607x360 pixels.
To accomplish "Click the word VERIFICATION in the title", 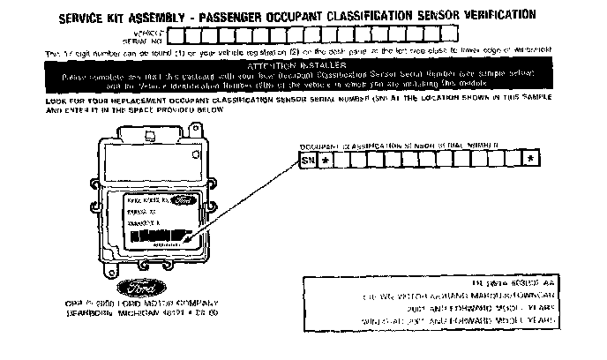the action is click(x=493, y=16).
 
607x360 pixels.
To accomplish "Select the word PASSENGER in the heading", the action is click(x=252, y=16).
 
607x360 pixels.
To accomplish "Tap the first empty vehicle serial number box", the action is click(x=175, y=36).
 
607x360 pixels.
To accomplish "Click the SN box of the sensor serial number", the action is click(x=307, y=161).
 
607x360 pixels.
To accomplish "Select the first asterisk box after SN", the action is click(x=326, y=161).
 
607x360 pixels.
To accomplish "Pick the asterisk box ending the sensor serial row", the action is click(x=529, y=161).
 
